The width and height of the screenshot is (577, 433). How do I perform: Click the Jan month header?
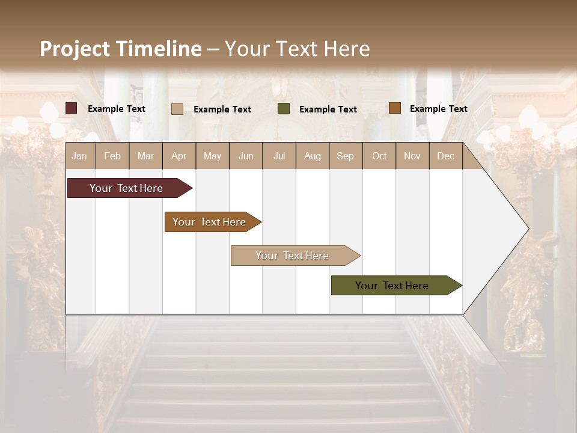click(79, 156)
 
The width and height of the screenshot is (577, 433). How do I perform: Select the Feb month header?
click(112, 156)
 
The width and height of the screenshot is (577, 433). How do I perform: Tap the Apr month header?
click(179, 156)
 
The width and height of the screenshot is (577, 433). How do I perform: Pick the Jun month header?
click(246, 156)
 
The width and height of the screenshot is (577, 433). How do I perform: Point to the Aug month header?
click(312, 156)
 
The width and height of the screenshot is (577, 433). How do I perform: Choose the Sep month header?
click(345, 156)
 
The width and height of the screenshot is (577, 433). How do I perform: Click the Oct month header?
click(379, 156)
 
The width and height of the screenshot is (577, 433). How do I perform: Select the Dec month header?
click(445, 156)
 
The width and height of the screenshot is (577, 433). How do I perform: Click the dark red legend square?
click(72, 108)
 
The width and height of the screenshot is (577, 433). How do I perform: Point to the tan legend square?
click(177, 109)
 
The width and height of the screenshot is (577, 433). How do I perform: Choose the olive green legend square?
click(284, 109)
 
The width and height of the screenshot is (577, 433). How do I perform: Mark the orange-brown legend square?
click(394, 108)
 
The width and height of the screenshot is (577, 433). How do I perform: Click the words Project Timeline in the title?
click(120, 49)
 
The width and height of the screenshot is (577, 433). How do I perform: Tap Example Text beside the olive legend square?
click(328, 109)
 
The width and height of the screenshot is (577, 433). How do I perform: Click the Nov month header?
click(412, 156)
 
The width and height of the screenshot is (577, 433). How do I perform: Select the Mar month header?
click(145, 156)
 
